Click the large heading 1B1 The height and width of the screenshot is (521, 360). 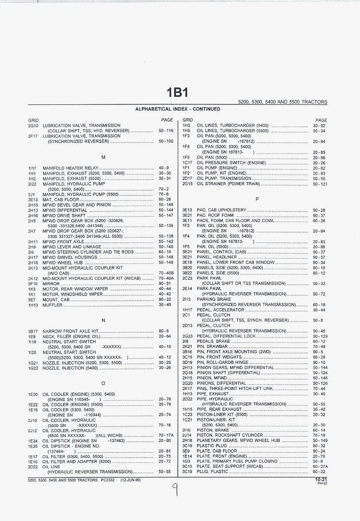177,92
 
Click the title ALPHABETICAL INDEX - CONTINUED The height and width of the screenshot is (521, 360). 177,109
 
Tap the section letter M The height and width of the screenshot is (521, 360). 104,157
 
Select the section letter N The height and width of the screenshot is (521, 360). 104,320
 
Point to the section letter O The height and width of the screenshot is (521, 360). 104,383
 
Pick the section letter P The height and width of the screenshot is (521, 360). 257,199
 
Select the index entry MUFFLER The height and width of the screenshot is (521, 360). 52,305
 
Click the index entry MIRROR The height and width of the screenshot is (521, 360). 51,284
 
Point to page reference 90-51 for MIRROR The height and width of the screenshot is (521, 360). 165,284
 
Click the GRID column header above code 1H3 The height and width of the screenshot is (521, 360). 188,120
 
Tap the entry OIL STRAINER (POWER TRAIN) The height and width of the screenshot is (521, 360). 228,184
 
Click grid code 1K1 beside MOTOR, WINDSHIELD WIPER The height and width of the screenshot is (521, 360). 32,294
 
